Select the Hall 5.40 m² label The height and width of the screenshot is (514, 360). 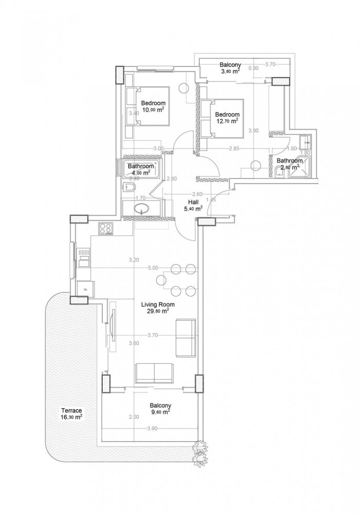[193, 205]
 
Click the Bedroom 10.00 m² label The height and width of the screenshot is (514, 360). [153, 106]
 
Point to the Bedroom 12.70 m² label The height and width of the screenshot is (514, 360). [226, 117]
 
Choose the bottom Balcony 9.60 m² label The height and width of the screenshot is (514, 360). [160, 408]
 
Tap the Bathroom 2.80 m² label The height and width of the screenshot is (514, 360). [288, 163]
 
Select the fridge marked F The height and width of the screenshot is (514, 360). [84, 288]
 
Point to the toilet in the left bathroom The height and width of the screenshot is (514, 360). [128, 188]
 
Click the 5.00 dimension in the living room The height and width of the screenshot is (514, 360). [153, 268]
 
